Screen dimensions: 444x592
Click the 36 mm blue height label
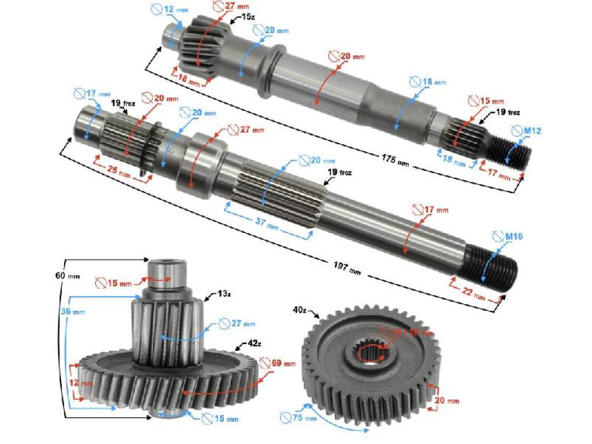pyautogui.click(x=72, y=312)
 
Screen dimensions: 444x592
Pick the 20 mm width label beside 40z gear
pyautogui.click(x=448, y=401)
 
